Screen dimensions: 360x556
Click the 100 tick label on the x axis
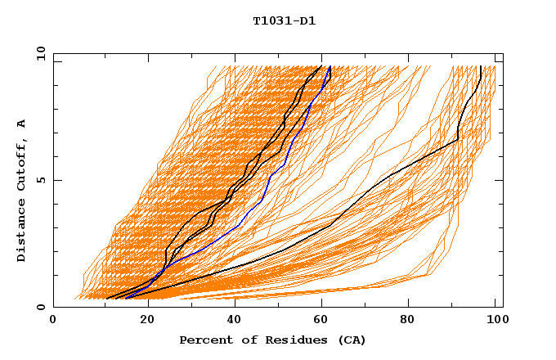[x=495, y=321]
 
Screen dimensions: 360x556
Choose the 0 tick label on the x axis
[x=54, y=321]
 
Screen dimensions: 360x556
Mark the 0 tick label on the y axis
[x=41, y=307]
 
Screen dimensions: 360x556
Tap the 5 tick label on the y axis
[x=41, y=180]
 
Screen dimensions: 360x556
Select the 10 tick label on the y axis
[x=38, y=53]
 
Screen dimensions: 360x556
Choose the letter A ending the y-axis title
[x=21, y=123]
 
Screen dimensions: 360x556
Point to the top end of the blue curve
[x=330, y=67]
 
